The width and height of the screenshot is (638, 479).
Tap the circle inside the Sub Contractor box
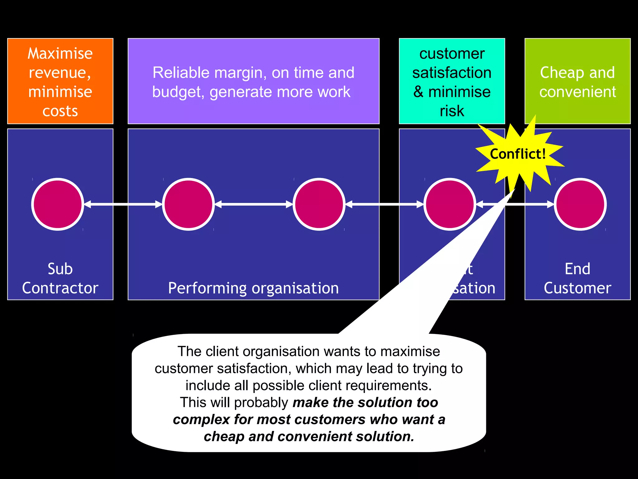click(x=58, y=204)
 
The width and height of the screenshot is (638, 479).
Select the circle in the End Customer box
click(x=580, y=204)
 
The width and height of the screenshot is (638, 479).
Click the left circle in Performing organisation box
click(x=188, y=204)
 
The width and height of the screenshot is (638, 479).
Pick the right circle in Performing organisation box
click(x=319, y=204)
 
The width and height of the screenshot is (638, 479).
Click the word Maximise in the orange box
click(x=60, y=54)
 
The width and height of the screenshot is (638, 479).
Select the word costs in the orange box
click(x=60, y=111)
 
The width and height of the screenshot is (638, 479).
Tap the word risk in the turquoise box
click(x=452, y=111)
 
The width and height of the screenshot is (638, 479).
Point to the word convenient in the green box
click(x=578, y=92)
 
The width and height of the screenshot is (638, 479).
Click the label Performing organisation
click(x=253, y=288)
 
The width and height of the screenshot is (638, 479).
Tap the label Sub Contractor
click(x=60, y=278)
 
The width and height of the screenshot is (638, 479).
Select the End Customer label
click(x=577, y=278)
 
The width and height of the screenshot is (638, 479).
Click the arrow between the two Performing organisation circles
click(x=254, y=204)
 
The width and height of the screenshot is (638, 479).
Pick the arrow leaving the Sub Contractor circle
click(x=123, y=204)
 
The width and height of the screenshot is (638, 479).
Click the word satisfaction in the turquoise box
click(x=452, y=73)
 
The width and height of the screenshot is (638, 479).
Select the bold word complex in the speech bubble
click(x=201, y=420)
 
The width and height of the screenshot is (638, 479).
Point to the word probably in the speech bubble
click(x=261, y=403)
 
